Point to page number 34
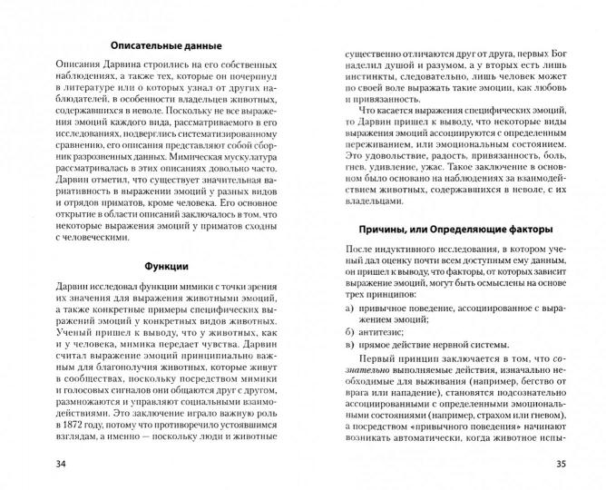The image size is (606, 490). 36,465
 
